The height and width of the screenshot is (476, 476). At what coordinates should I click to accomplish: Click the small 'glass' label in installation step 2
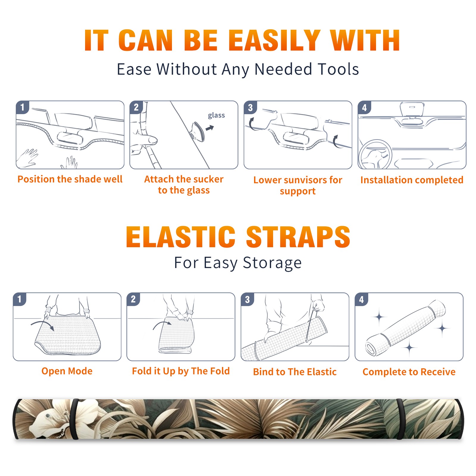coord(216,115)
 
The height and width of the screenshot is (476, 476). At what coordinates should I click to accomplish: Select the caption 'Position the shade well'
coord(70,179)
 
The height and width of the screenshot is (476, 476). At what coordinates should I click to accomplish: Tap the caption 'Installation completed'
coord(412,180)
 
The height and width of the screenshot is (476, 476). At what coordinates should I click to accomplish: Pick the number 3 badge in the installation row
coord(250,107)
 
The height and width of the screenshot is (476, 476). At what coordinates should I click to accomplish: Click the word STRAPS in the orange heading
coord(298,237)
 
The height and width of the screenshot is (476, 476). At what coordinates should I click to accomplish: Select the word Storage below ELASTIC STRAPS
coord(272,263)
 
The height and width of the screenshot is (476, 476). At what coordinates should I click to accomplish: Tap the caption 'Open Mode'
coord(67,371)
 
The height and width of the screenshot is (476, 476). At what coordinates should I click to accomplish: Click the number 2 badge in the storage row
coord(133,299)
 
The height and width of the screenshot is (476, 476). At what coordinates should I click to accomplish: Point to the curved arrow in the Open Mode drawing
coord(42,323)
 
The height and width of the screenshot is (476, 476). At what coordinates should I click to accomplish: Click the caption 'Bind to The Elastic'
coord(295,372)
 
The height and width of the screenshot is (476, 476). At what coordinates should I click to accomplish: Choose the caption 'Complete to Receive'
coord(409,372)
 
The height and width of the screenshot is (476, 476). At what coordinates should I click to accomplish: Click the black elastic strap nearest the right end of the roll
coord(400,419)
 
